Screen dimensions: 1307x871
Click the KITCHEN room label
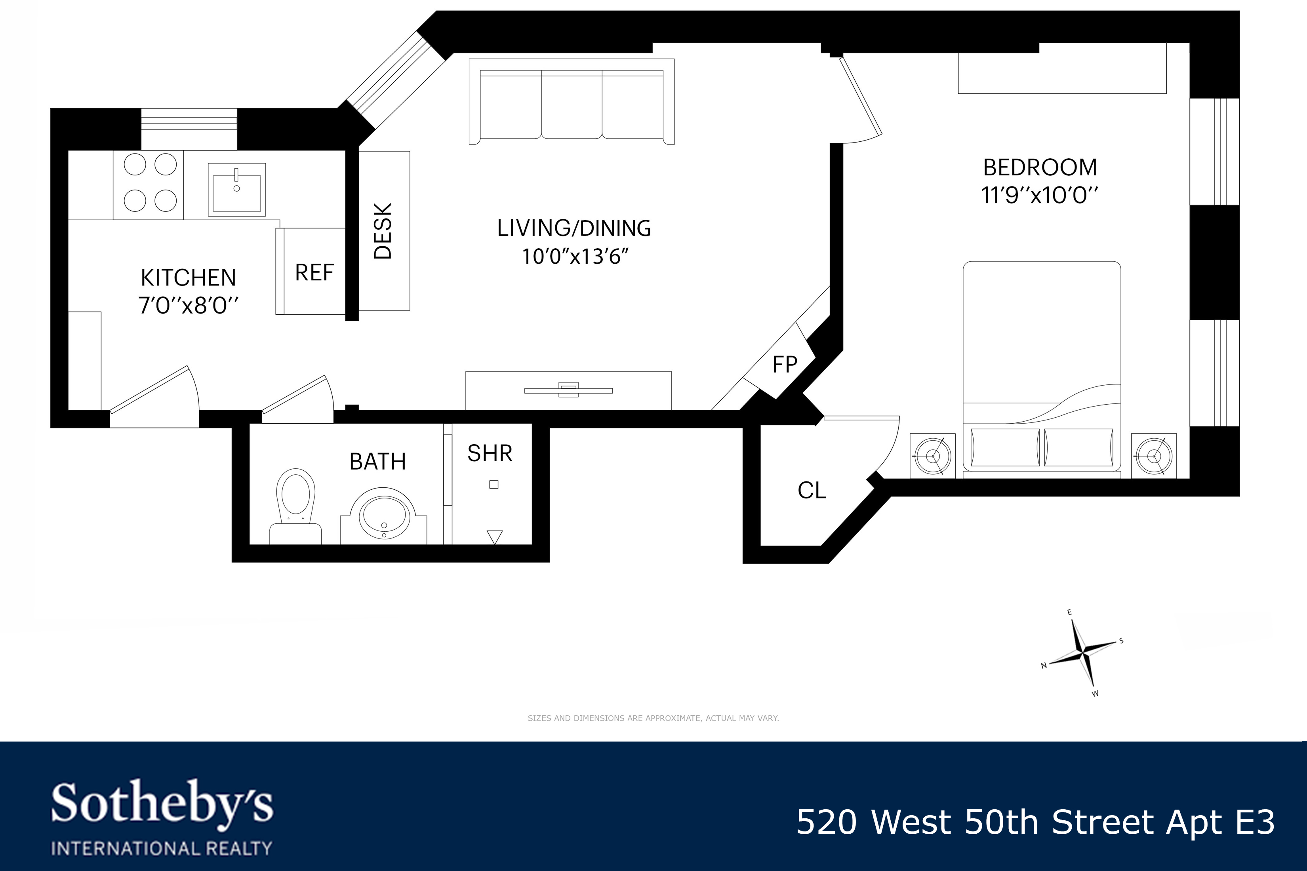189,277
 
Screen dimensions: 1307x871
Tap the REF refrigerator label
314,273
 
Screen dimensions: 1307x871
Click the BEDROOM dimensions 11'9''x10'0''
1040,196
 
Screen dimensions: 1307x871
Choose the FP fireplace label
785,364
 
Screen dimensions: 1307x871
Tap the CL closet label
812,491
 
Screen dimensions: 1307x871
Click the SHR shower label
490,453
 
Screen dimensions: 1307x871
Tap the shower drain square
493,484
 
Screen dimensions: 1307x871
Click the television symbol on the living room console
568,390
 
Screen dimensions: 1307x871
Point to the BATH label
377,462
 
